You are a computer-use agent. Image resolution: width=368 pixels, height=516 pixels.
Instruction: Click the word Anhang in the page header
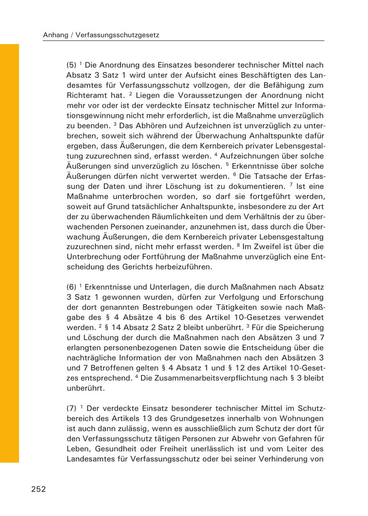tap(55, 35)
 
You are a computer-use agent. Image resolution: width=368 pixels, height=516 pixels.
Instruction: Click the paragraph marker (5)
tap(72, 65)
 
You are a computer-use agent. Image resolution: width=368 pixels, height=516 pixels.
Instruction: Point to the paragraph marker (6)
tap(72, 287)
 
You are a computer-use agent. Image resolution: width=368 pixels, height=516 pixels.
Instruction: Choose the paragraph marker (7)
tap(72, 408)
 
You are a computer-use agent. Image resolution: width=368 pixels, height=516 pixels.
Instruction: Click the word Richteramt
tap(86, 95)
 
